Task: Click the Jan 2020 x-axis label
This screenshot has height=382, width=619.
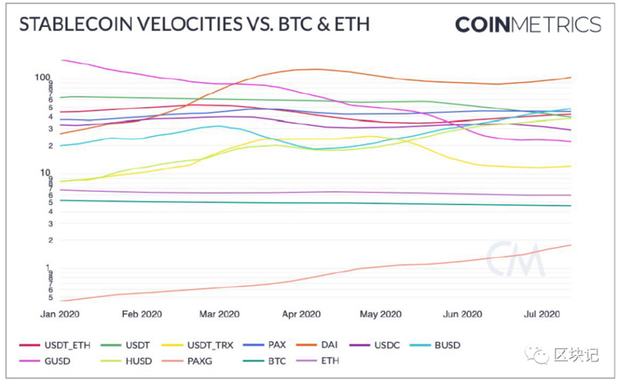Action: [60, 314]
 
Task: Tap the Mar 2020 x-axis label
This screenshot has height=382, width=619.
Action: [219, 314]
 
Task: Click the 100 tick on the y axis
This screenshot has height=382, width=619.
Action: [43, 77]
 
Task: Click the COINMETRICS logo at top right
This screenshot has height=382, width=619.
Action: [528, 25]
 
